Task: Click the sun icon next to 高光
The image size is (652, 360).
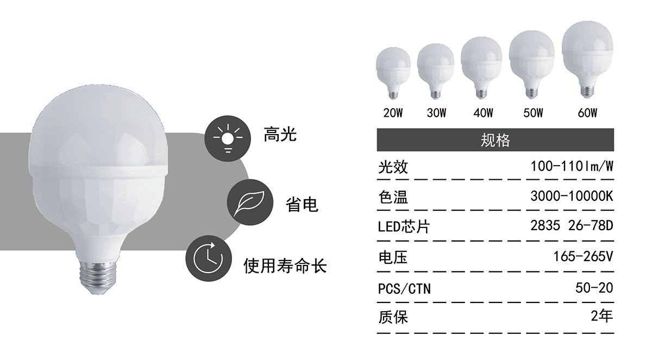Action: point(228,138)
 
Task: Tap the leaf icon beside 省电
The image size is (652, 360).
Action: point(250,202)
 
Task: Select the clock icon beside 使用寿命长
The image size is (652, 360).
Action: point(209,258)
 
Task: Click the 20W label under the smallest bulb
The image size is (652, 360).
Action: point(393,113)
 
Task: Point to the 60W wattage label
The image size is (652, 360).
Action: point(587,113)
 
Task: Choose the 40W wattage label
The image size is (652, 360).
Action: point(483,113)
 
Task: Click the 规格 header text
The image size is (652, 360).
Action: point(496,140)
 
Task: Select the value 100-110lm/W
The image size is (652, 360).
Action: point(572,166)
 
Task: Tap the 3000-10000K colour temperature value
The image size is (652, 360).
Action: point(572,196)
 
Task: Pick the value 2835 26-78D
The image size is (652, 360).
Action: point(572,226)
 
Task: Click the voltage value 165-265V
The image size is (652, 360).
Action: point(584,256)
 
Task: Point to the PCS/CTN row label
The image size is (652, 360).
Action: point(404,289)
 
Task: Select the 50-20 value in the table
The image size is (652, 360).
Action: point(594,288)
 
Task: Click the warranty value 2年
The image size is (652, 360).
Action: point(602,316)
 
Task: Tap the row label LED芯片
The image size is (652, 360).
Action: point(404,226)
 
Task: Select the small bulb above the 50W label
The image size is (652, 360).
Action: point(532,64)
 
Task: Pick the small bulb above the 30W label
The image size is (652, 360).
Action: point(435,71)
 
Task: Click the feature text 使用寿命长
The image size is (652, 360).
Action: point(285,266)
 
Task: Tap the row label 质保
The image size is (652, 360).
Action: point(393,317)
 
